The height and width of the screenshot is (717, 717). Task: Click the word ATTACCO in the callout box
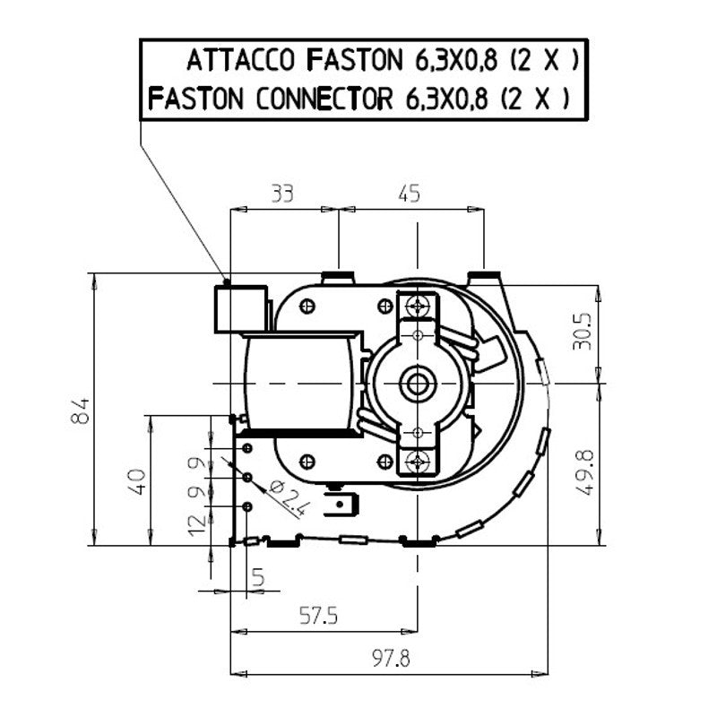click(x=240, y=60)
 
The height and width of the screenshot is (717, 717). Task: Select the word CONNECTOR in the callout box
click(x=324, y=99)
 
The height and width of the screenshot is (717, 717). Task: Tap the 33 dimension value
click(x=282, y=194)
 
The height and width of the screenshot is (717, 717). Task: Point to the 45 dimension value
click(x=409, y=194)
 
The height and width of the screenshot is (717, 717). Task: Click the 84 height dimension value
click(x=80, y=411)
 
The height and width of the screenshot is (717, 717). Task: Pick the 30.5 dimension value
click(x=582, y=331)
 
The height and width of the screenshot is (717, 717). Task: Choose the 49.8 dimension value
click(x=584, y=472)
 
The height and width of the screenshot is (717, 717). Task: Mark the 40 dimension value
click(x=136, y=481)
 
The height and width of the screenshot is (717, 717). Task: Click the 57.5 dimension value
click(x=318, y=616)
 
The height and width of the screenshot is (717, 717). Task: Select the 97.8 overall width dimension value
click(x=391, y=659)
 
